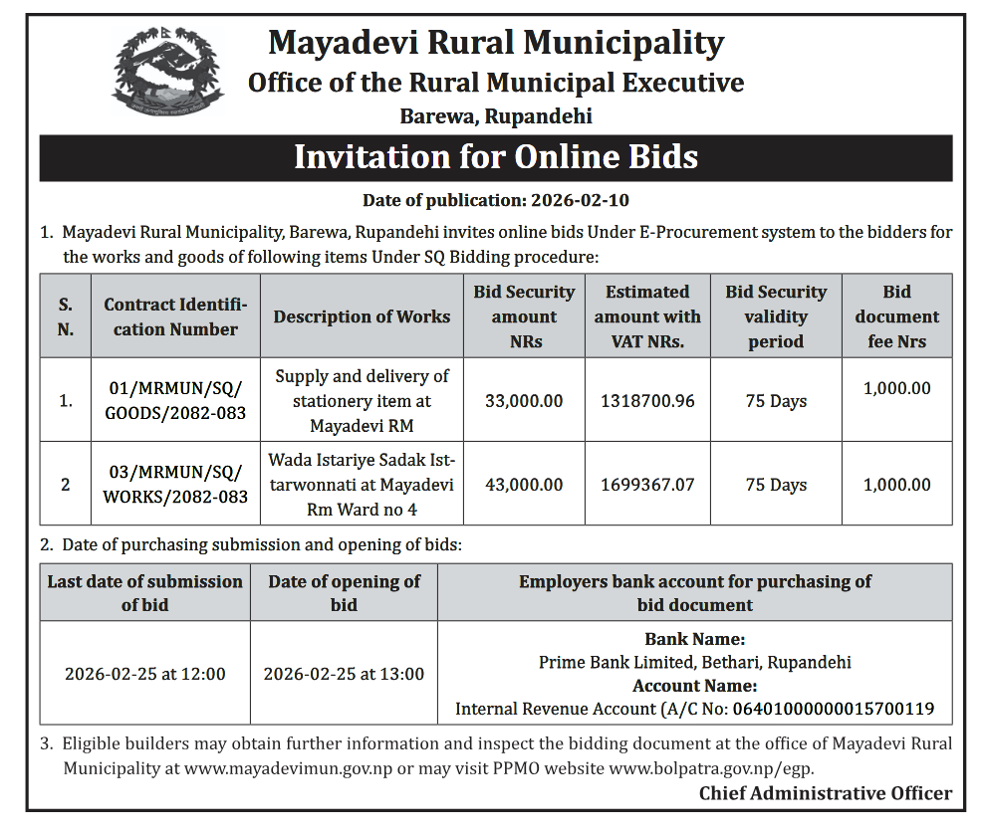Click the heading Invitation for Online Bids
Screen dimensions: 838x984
(x=495, y=157)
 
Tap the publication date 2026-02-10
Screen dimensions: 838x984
(x=580, y=200)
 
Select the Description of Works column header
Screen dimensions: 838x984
(x=362, y=316)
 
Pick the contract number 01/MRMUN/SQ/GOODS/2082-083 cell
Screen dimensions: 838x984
(x=175, y=401)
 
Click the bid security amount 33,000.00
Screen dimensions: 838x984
(x=524, y=401)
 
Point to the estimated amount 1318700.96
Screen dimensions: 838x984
(x=647, y=401)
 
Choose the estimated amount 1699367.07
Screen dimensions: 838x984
(x=647, y=485)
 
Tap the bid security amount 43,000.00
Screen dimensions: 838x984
(x=524, y=485)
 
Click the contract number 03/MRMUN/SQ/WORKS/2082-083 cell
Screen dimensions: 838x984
(x=175, y=485)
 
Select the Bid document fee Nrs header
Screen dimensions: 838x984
(x=896, y=316)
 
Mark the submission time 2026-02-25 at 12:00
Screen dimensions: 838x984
(x=145, y=674)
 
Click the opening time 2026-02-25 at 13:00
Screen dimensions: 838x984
(x=344, y=674)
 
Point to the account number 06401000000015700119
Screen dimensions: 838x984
(x=834, y=710)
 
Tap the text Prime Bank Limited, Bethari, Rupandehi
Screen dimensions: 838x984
(x=694, y=662)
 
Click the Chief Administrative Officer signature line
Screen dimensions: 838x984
(x=825, y=793)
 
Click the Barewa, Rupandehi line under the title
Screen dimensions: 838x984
(x=495, y=116)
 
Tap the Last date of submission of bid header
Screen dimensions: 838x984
(x=145, y=592)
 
